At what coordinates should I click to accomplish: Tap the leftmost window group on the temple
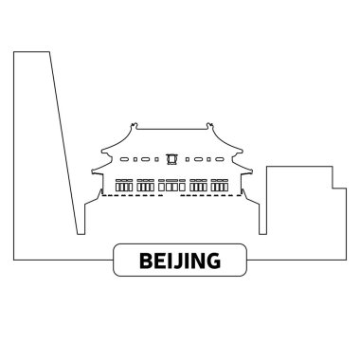tap(124, 185)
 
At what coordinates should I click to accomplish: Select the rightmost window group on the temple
tap(224, 185)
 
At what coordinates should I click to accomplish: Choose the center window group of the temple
tap(173, 185)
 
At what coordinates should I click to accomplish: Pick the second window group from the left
tap(149, 185)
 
